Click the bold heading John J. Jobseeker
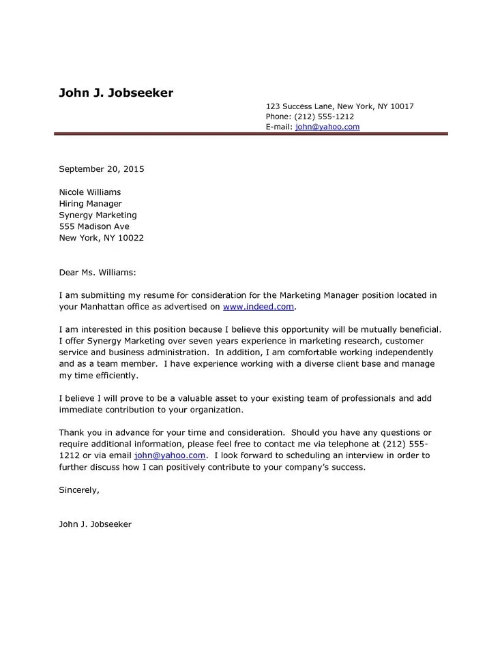(116, 93)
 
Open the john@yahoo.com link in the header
(327, 127)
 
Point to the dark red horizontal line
(251, 134)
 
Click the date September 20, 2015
(102, 169)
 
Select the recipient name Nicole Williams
(90, 192)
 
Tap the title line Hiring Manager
(90, 204)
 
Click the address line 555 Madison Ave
(94, 226)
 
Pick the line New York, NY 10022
(101, 238)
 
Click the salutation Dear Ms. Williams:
(98, 273)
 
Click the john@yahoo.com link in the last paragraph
(170, 455)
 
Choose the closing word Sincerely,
(79, 489)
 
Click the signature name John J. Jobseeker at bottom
(95, 524)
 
